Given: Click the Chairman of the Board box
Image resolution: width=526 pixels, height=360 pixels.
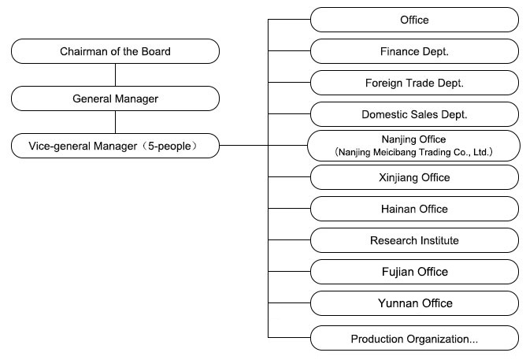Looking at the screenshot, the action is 115,51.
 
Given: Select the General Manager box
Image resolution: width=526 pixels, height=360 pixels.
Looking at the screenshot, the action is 115,98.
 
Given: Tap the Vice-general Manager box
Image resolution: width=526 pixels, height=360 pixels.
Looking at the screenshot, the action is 115,146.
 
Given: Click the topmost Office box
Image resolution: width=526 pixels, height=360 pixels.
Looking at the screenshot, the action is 414,20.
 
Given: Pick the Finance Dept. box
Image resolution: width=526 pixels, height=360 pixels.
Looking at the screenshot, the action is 414,51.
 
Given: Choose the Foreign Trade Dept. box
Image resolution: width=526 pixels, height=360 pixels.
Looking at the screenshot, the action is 414,83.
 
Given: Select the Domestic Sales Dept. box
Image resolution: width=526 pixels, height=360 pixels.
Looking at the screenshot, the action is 414,114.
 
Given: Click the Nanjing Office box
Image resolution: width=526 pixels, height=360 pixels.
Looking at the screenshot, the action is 413,146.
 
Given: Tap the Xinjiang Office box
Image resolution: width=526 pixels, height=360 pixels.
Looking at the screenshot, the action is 414,177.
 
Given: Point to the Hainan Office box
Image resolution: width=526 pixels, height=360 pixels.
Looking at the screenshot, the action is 414,209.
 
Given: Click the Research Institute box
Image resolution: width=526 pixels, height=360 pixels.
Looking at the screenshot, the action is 414,240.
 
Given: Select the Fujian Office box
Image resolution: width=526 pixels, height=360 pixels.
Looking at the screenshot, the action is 414,272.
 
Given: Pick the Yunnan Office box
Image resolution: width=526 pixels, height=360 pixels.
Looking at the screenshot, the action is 414,303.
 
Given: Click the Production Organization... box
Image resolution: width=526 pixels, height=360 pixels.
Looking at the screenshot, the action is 414,338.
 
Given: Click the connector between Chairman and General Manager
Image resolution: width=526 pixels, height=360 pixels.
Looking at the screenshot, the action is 115,75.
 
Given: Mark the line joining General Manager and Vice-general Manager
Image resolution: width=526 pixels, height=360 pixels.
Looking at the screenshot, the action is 115,122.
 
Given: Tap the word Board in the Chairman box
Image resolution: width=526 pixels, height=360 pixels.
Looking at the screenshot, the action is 156,51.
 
